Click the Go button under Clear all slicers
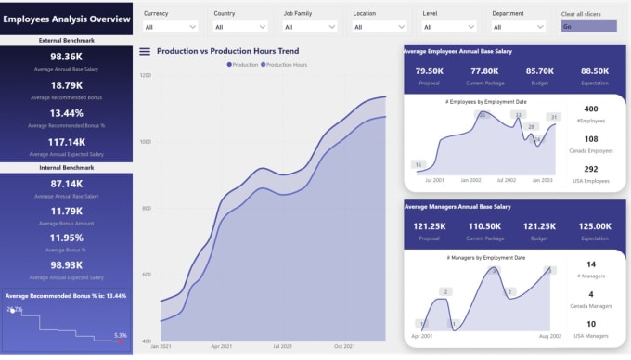588,27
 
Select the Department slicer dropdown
520,28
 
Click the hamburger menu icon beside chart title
145,51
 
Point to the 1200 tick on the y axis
145,74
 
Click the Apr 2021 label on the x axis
221,345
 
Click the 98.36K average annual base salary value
67,57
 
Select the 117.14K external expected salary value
67,142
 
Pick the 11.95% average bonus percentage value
67,237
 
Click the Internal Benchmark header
67,167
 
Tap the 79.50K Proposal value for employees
430,71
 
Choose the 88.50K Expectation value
595,71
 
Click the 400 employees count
591,109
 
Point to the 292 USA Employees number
591,170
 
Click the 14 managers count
591,264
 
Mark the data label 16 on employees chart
419,164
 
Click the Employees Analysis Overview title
67,19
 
